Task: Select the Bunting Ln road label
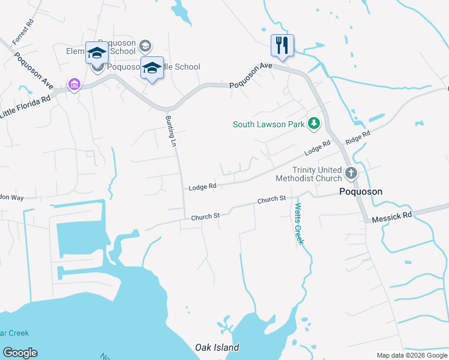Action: (170, 128)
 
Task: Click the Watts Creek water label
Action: (298, 224)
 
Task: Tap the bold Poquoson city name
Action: (360, 191)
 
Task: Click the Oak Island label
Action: (217, 347)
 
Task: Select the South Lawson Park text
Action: (269, 125)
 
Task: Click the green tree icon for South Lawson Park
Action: (313, 124)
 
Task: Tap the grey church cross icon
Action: (351, 174)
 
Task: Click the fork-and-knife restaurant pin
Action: (281, 44)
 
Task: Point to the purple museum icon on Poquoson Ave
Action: (74, 84)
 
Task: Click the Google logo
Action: (20, 353)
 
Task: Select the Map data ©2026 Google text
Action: (412, 355)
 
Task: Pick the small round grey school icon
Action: (145, 46)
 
